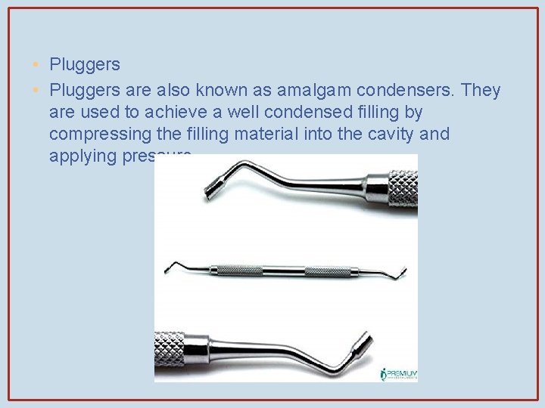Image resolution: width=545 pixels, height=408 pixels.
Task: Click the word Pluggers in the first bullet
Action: (x=85, y=65)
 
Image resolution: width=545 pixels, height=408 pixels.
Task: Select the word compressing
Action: (x=96, y=134)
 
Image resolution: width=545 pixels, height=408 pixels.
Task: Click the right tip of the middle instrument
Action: (x=401, y=270)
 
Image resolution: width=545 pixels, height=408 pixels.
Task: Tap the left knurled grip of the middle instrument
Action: (x=235, y=269)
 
